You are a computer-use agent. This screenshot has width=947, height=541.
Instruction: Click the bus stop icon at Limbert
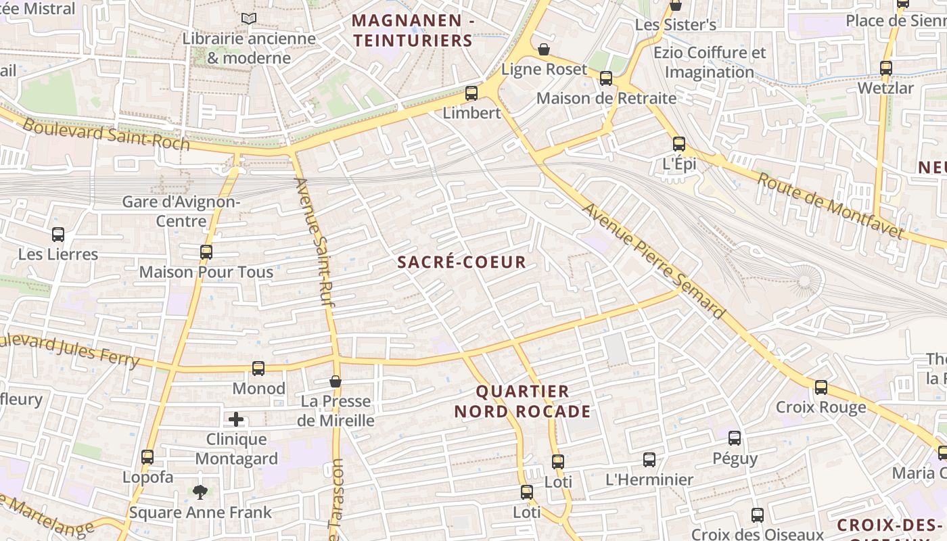(471, 93)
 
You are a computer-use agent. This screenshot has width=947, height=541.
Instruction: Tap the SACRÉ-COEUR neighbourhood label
(461, 262)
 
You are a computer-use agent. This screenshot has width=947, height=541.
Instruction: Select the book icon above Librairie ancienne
(249, 19)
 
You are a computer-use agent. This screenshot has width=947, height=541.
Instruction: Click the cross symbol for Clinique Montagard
(236, 420)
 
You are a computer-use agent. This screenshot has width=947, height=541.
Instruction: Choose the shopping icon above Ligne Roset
(544, 49)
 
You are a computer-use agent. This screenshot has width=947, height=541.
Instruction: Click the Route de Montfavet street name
(829, 206)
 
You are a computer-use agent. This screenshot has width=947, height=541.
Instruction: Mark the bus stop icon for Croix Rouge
(821, 387)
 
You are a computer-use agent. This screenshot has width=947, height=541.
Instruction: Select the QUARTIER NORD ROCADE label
(522, 401)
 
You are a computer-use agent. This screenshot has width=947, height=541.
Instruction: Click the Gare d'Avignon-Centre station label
(181, 211)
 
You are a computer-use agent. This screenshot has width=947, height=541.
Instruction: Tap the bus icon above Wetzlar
(885, 68)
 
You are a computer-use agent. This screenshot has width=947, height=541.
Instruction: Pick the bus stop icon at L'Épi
(679, 144)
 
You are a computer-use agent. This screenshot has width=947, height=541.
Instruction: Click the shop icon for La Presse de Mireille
(336, 382)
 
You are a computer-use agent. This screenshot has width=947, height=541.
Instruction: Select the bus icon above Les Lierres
(58, 235)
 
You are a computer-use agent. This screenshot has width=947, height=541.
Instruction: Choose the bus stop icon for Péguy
(735, 438)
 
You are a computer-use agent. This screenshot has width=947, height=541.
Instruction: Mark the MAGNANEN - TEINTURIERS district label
(413, 30)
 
